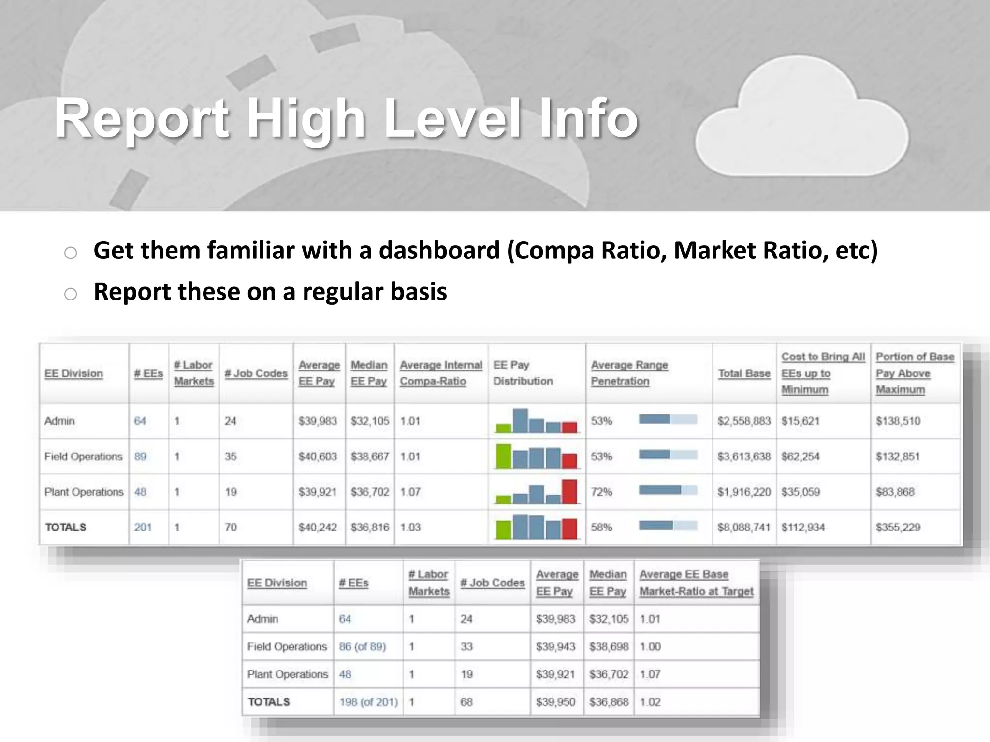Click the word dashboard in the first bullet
click(x=438, y=250)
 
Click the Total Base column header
click(x=744, y=373)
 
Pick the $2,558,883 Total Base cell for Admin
click(x=744, y=421)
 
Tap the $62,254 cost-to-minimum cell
click(x=801, y=457)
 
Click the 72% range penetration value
click(x=601, y=492)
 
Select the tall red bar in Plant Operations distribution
click(x=569, y=491)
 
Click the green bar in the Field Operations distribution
click(x=504, y=456)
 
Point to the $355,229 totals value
click(x=898, y=527)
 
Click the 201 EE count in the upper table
click(x=143, y=527)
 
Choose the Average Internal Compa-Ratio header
click(x=441, y=373)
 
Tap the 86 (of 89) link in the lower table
click(x=363, y=646)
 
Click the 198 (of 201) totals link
click(x=368, y=702)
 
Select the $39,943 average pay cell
click(x=555, y=646)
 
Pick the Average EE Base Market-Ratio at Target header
click(x=696, y=583)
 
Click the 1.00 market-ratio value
click(x=650, y=646)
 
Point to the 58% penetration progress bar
click(x=668, y=525)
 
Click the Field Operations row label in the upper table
click(x=83, y=457)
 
